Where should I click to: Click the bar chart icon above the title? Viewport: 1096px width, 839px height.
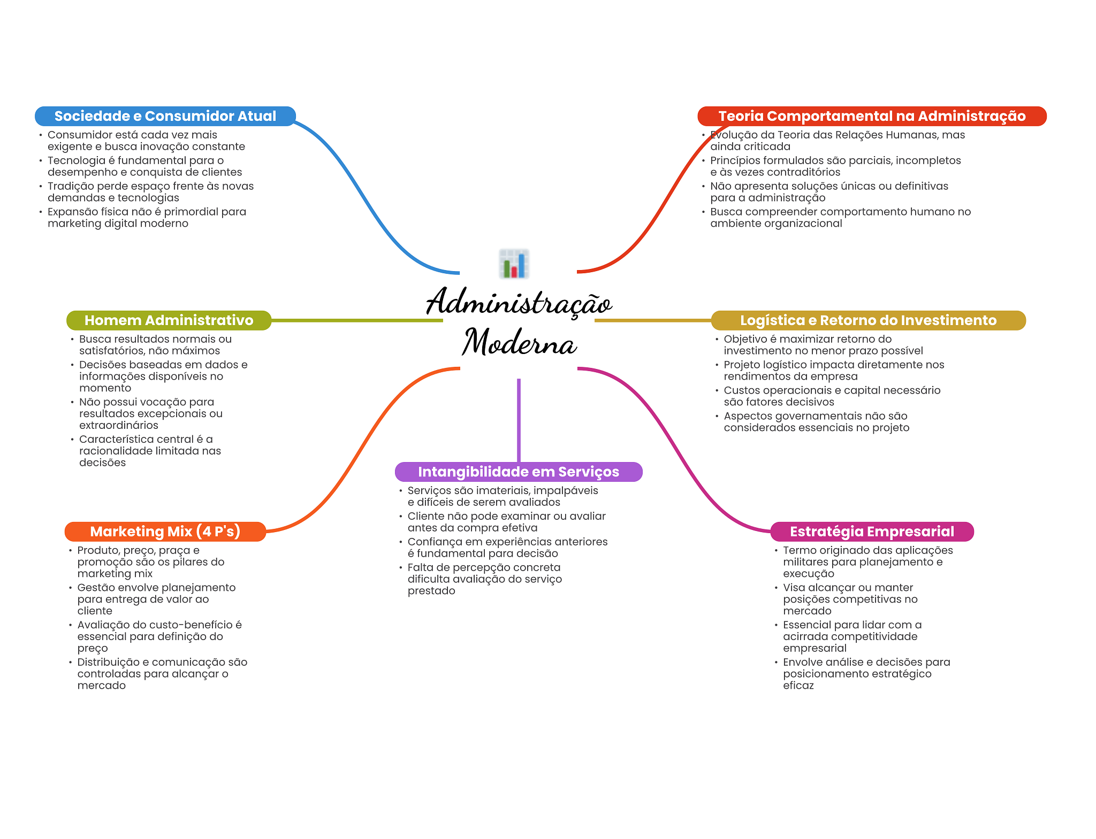point(514,264)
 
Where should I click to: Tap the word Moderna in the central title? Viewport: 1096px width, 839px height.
point(519,342)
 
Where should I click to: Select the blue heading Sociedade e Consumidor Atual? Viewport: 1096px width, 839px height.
point(165,116)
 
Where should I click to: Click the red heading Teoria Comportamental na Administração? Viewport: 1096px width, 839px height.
point(871,116)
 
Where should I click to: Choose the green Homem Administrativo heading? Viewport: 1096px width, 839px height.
point(169,320)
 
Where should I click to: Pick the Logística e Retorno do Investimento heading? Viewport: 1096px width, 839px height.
point(867,320)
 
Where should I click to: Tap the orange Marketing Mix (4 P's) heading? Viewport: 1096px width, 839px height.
point(165,532)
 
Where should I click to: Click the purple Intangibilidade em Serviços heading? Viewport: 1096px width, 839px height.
point(518,472)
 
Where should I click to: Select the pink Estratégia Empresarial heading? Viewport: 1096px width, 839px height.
point(871,532)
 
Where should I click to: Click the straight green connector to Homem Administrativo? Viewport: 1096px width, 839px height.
point(356,320)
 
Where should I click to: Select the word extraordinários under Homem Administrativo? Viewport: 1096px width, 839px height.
point(119,425)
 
